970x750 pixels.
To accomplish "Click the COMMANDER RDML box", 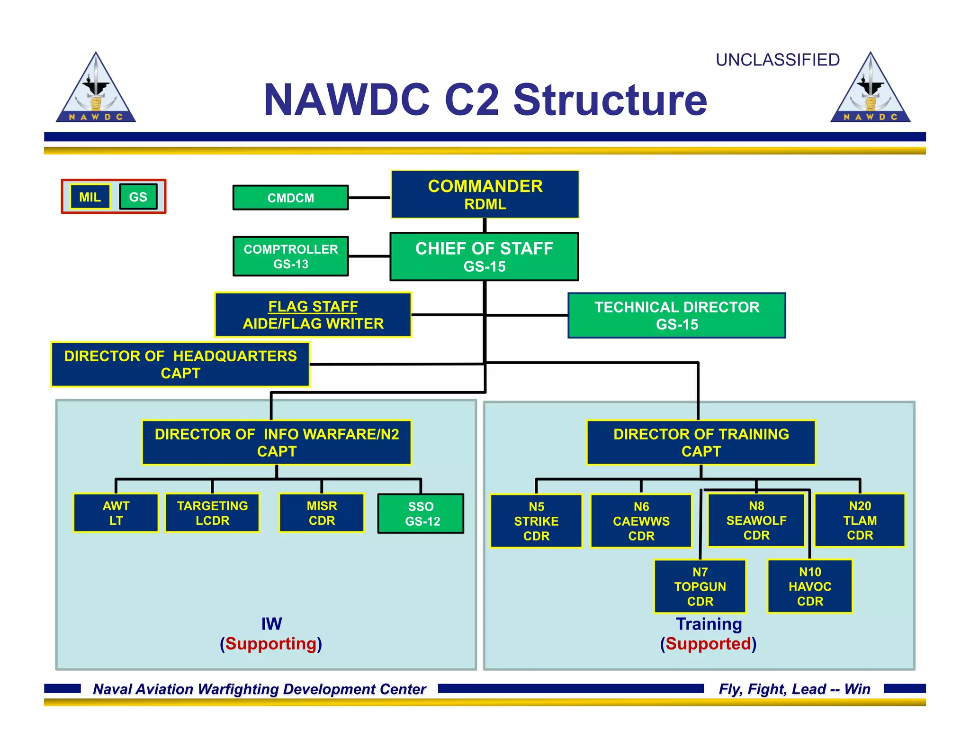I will (485, 194).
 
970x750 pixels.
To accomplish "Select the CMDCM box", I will (290, 198).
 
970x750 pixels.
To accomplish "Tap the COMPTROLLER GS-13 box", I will (290, 256).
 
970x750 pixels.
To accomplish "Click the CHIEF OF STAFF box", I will (484, 256).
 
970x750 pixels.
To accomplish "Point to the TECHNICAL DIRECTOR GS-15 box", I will (676, 315).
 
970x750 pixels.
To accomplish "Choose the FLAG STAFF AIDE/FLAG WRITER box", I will (313, 315).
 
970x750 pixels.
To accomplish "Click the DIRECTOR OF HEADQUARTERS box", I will (180, 364).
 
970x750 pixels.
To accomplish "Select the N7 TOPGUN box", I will (700, 586).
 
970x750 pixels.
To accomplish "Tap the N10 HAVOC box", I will (809, 586).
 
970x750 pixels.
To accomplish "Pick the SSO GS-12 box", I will (421, 514).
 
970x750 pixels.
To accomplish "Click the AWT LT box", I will (116, 513).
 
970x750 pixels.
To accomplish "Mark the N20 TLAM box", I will (860, 520).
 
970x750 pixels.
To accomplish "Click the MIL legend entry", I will (90, 197).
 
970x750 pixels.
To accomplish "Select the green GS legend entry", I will (138, 197).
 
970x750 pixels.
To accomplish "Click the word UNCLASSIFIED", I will (777, 60).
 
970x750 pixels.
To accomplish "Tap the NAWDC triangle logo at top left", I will (96, 90).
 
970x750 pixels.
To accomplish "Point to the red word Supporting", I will (271, 644).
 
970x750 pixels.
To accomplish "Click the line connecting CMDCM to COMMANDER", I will (369, 198).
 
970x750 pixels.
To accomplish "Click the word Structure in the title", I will (610, 100).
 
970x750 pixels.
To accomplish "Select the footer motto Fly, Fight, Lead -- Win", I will (794, 689).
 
